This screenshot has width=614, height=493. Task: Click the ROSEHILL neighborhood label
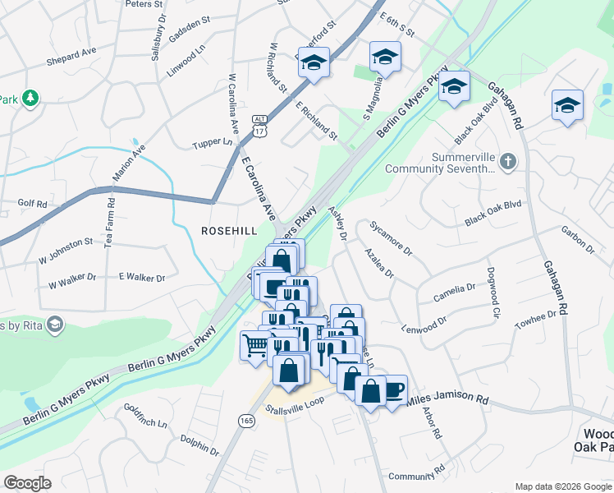click(x=230, y=231)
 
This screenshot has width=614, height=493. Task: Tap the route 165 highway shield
click(x=247, y=420)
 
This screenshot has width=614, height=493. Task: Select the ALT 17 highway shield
click(x=259, y=125)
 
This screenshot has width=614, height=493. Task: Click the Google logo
click(x=27, y=483)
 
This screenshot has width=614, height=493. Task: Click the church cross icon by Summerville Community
click(x=508, y=161)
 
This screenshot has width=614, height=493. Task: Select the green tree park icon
click(x=30, y=99)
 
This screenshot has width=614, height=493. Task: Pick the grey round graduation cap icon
click(x=55, y=325)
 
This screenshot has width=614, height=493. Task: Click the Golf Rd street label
click(x=32, y=202)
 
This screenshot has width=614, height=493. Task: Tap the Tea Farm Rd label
click(x=109, y=223)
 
